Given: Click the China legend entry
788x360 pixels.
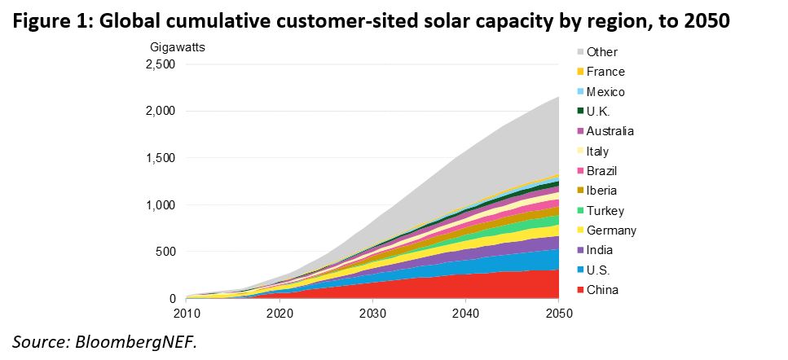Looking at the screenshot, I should tap(601, 290).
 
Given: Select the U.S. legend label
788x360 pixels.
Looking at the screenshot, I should tap(599, 270).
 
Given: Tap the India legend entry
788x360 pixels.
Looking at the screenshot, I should tap(599, 250).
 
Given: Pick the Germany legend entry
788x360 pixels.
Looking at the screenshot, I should tap(610, 230).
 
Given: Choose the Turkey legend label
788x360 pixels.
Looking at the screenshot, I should tap(604, 210).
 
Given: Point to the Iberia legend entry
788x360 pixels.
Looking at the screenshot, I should tap(601, 191).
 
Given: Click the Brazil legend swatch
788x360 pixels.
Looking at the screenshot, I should tap(580, 171).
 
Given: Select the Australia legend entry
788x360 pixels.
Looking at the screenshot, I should tap(610, 131).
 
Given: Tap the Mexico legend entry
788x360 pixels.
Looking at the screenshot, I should tap(605, 92).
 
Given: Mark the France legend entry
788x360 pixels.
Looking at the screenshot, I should tap(605, 72).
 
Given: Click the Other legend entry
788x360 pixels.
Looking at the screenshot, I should tap(601, 52).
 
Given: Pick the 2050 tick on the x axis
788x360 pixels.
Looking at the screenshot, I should tap(558, 314).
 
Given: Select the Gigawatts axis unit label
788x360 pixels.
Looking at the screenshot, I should tap(177, 46).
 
